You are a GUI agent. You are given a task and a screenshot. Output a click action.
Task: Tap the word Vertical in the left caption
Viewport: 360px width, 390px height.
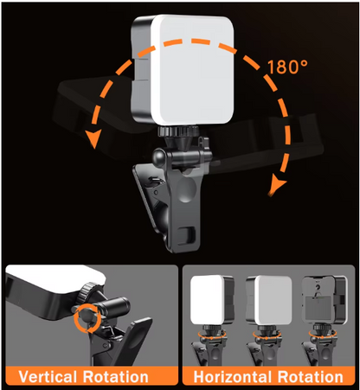49,377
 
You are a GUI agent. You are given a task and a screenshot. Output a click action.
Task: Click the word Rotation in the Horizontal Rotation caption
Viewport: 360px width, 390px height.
312,377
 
